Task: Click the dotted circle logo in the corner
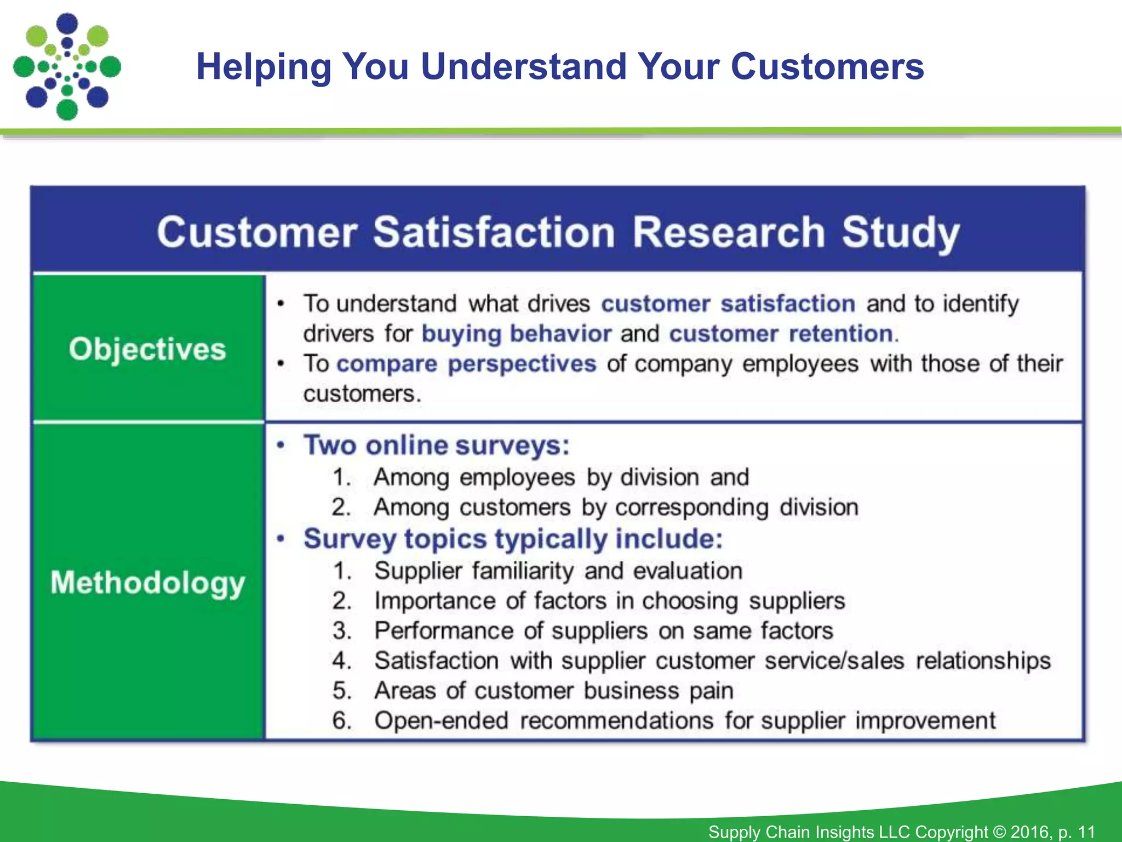pos(67,66)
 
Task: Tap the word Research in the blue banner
pos(728,232)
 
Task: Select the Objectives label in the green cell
pos(147,349)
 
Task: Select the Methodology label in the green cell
pos(147,583)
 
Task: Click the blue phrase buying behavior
pos(516,334)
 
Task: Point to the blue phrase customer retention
pos(781,334)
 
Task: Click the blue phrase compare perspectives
pos(466,364)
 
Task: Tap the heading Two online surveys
pos(437,445)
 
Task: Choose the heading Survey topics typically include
pos(513,539)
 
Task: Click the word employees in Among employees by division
pos(517,477)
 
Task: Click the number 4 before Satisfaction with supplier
pos(340,661)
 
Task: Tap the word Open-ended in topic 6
pos(442,721)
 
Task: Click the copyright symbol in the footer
pos(999,832)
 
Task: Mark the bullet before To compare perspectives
pos(281,364)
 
